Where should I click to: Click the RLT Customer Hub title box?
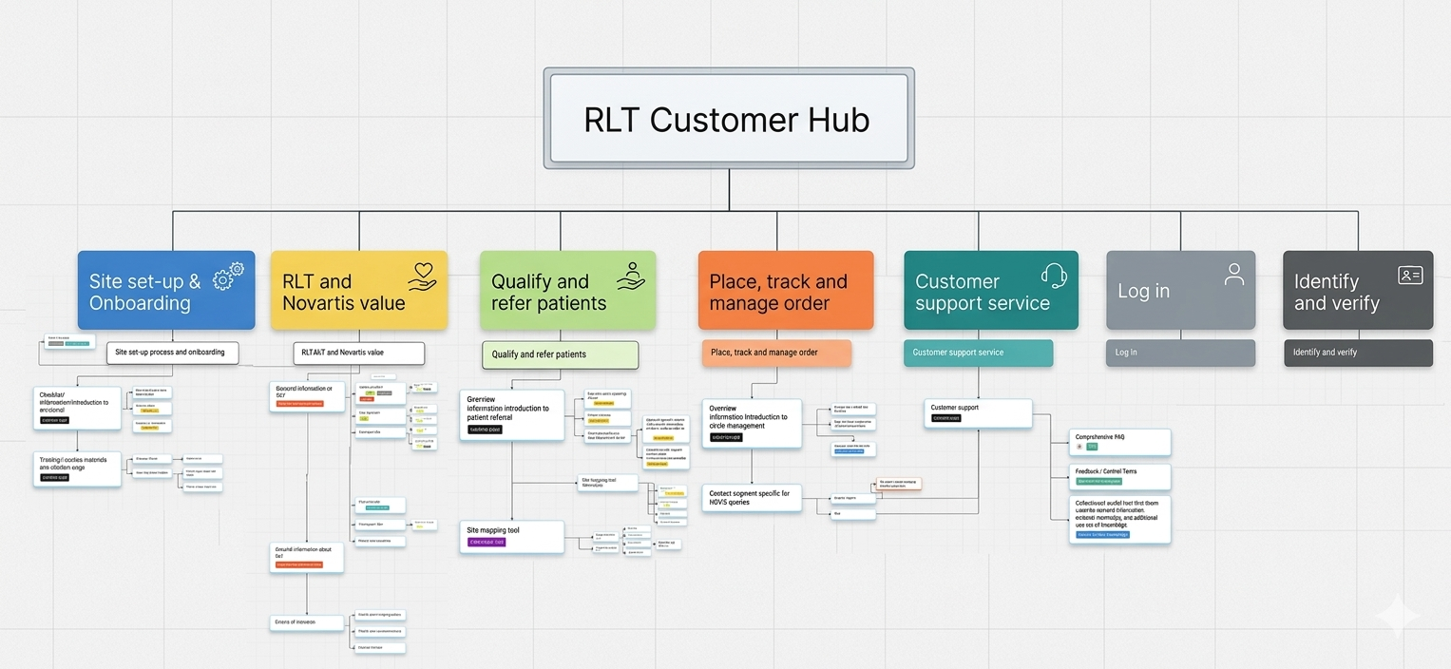[728, 119]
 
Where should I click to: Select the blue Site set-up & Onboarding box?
[165, 291]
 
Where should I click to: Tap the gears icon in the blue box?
[229, 276]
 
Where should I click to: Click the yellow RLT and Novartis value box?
[358, 291]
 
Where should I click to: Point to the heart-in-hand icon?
[422, 276]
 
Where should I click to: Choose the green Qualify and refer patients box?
[567, 291]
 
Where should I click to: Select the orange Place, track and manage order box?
[785, 291]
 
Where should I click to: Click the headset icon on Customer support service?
[1054, 276]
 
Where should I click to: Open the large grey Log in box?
[1180, 291]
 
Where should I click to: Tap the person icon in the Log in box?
[1233, 275]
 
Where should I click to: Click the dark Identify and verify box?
[1357, 291]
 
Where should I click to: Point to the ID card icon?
[1410, 276]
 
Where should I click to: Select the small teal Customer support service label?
[977, 353]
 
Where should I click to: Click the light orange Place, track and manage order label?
[775, 353]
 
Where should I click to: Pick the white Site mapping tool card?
[511, 536]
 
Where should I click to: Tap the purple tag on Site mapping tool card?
[487, 543]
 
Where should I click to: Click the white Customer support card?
[977, 412]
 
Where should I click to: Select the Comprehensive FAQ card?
[1119, 442]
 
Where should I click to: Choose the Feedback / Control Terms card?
[1119, 476]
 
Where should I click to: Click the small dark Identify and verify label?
[1357, 353]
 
